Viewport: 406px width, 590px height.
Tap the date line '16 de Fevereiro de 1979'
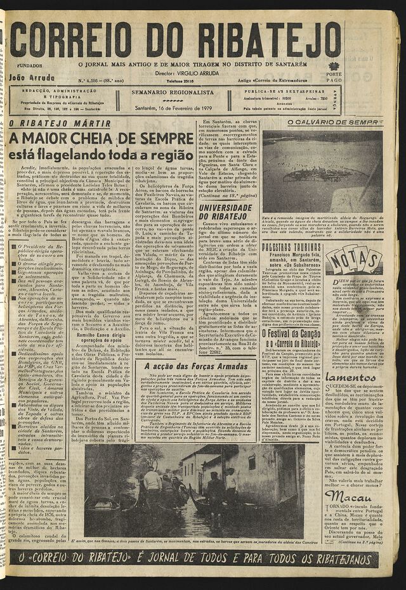click(173, 108)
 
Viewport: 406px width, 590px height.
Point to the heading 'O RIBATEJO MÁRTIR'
click(60, 124)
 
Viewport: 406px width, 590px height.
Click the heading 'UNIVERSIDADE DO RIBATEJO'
click(226, 212)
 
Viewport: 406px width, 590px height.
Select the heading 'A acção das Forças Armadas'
click(195, 366)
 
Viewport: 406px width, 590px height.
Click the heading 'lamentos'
click(350, 378)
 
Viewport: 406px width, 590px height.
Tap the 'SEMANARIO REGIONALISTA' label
click(173, 92)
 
